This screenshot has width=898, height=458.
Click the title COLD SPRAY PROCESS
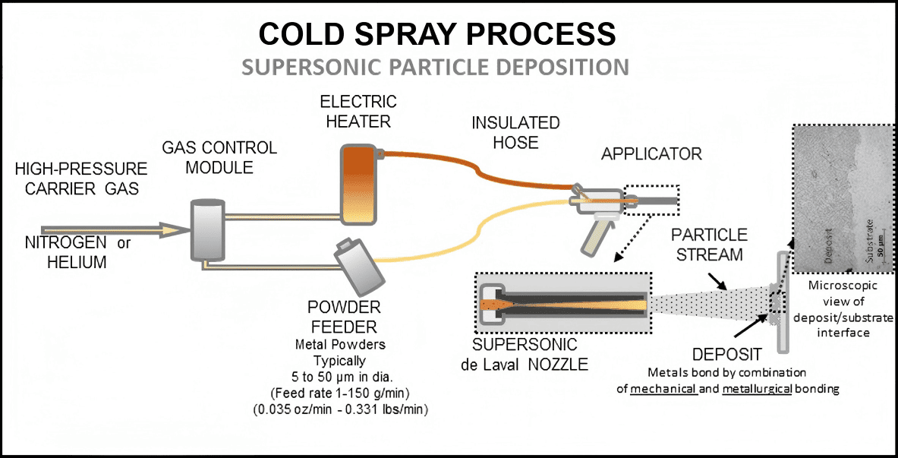pyautogui.click(x=436, y=34)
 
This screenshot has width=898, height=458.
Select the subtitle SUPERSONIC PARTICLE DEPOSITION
pyautogui.click(x=435, y=67)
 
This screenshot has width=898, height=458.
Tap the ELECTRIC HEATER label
pyautogui.click(x=358, y=111)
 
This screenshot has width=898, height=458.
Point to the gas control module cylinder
pyautogui.click(x=206, y=230)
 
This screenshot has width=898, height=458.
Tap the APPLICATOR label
pyautogui.click(x=651, y=154)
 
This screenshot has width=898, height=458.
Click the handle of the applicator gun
pyautogui.click(x=593, y=236)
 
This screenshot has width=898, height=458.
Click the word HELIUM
pyautogui.click(x=65, y=262)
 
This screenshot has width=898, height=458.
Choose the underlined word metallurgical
pyautogui.click(x=758, y=388)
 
